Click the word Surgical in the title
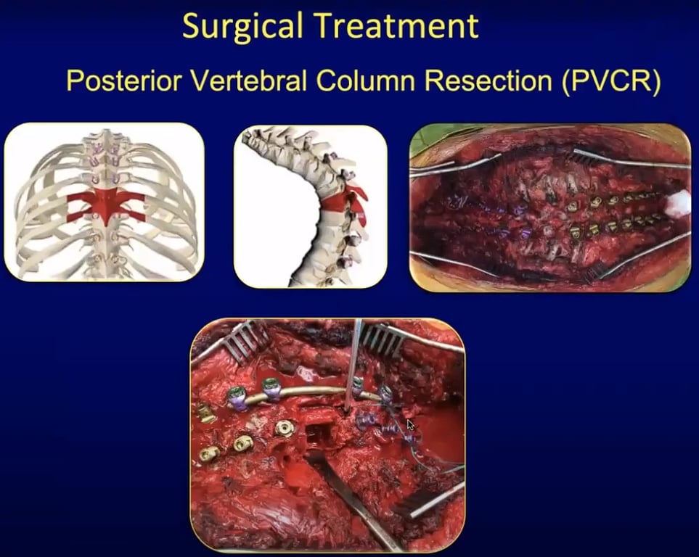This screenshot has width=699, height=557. coord(242,27)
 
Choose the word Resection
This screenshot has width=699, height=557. coord(488,81)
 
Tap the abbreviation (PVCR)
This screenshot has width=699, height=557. coord(610,81)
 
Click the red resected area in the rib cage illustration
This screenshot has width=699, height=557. coord(106,206)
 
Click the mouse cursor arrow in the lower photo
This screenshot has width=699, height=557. coord(411,425)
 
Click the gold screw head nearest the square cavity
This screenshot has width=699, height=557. coord(285,428)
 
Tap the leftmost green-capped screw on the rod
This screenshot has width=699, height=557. coord(237,397)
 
